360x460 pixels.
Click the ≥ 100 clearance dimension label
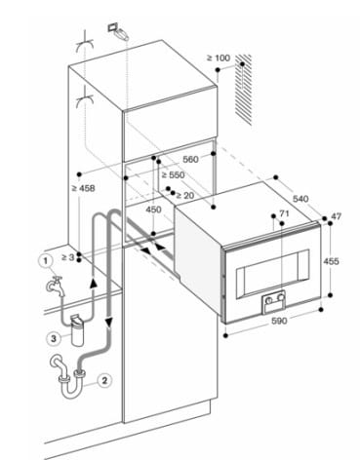point(219,58)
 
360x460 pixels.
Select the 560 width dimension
point(190,159)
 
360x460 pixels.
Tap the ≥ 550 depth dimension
point(173,175)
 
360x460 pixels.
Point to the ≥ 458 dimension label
point(83,188)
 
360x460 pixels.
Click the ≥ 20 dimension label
point(184,195)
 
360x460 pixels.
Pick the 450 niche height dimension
point(153,210)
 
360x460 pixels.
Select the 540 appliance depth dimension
point(300,199)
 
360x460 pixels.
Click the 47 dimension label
point(336,216)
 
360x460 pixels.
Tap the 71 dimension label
point(284,213)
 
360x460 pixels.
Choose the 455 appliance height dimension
point(331,261)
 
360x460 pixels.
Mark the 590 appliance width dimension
point(279,321)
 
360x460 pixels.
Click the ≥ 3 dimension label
point(68,257)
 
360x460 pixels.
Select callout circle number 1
point(46,260)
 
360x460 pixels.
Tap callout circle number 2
point(104,380)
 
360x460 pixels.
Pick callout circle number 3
point(54,339)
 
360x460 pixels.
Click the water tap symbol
point(56,286)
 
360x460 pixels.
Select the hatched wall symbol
point(243,90)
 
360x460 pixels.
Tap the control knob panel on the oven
point(274,301)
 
